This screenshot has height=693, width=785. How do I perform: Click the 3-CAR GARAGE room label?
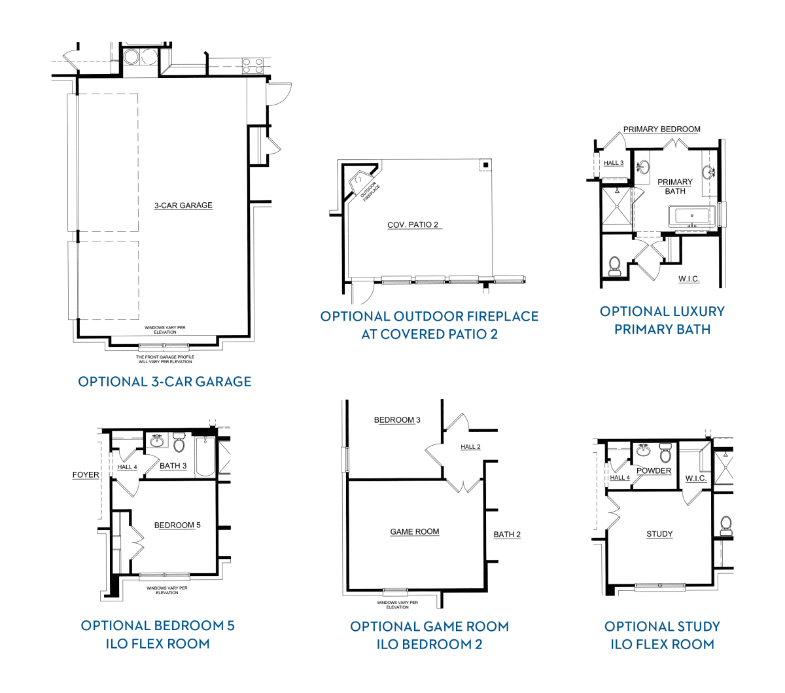(183, 205)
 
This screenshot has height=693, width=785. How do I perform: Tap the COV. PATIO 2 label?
(413, 225)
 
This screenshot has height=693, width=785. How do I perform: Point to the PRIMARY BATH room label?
(675, 187)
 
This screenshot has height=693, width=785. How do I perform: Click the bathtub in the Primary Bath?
(691, 216)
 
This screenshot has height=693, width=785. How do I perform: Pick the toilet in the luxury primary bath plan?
(614, 266)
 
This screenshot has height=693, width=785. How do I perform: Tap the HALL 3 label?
(614, 163)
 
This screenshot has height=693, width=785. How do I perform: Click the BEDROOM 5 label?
(177, 525)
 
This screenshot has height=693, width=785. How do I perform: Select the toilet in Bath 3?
(179, 442)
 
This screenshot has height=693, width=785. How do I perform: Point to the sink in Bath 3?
(156, 440)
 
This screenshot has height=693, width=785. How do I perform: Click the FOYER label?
(86, 475)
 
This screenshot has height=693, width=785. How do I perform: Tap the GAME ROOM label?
(415, 532)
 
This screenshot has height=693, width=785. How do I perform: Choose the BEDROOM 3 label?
(397, 420)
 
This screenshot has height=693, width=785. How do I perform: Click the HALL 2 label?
(470, 447)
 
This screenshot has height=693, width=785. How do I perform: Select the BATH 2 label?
(507, 535)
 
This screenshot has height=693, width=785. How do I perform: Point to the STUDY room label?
(659, 534)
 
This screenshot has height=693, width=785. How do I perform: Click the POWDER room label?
(654, 471)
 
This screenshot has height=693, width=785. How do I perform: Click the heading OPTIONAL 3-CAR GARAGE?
(165, 382)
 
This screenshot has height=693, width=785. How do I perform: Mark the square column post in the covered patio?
(485, 165)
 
